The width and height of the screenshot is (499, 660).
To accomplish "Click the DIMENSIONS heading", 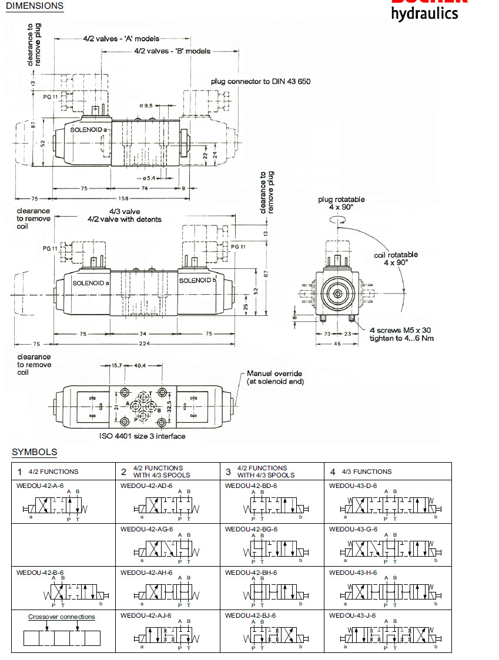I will [34, 6].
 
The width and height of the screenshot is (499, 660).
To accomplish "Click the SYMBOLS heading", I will [35, 452].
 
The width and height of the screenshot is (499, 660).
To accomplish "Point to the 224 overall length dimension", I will [144, 344].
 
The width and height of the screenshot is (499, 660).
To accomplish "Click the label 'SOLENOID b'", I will [198, 281].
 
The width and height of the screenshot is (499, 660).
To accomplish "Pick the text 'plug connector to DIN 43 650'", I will [260, 82].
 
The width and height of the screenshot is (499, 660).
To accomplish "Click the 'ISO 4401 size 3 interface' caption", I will [142, 436].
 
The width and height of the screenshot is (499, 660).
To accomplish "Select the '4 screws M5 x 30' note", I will [400, 330].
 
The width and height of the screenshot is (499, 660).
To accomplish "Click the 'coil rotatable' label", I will [396, 255].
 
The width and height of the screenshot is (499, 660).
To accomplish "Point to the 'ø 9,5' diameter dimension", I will [146, 106].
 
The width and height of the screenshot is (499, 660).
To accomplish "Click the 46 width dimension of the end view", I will [337, 344].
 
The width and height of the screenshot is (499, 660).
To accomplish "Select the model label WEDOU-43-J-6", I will [353, 615].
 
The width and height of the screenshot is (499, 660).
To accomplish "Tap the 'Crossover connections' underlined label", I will [62, 617].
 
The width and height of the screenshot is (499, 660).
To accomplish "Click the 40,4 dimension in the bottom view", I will [140, 365].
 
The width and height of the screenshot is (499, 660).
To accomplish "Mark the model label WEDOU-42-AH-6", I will [146, 573].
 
